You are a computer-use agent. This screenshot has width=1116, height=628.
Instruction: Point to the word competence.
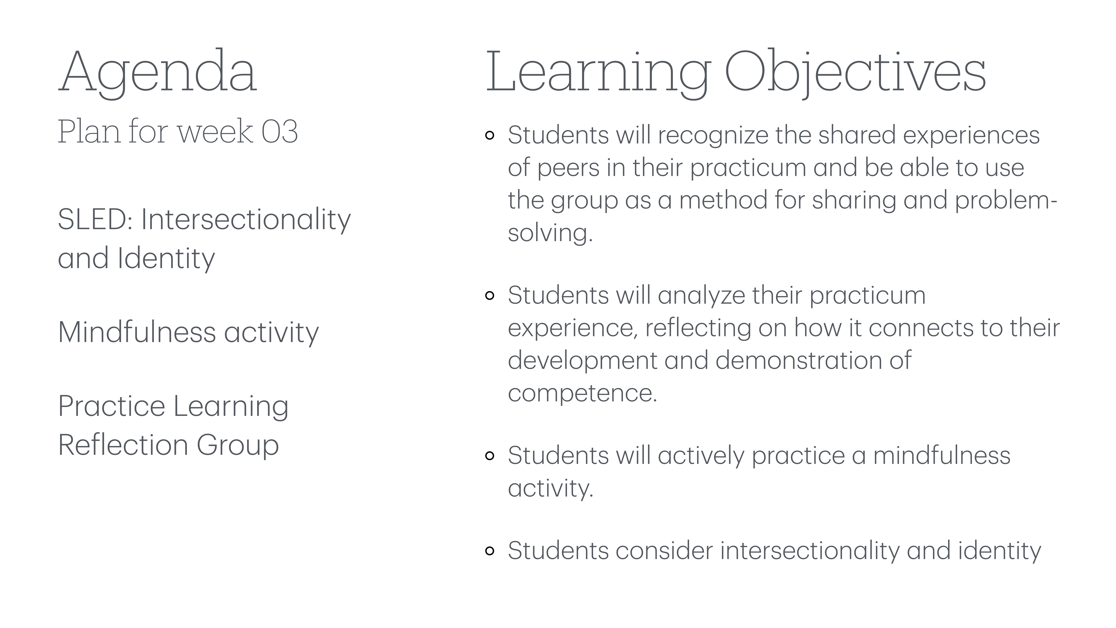(582, 393)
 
